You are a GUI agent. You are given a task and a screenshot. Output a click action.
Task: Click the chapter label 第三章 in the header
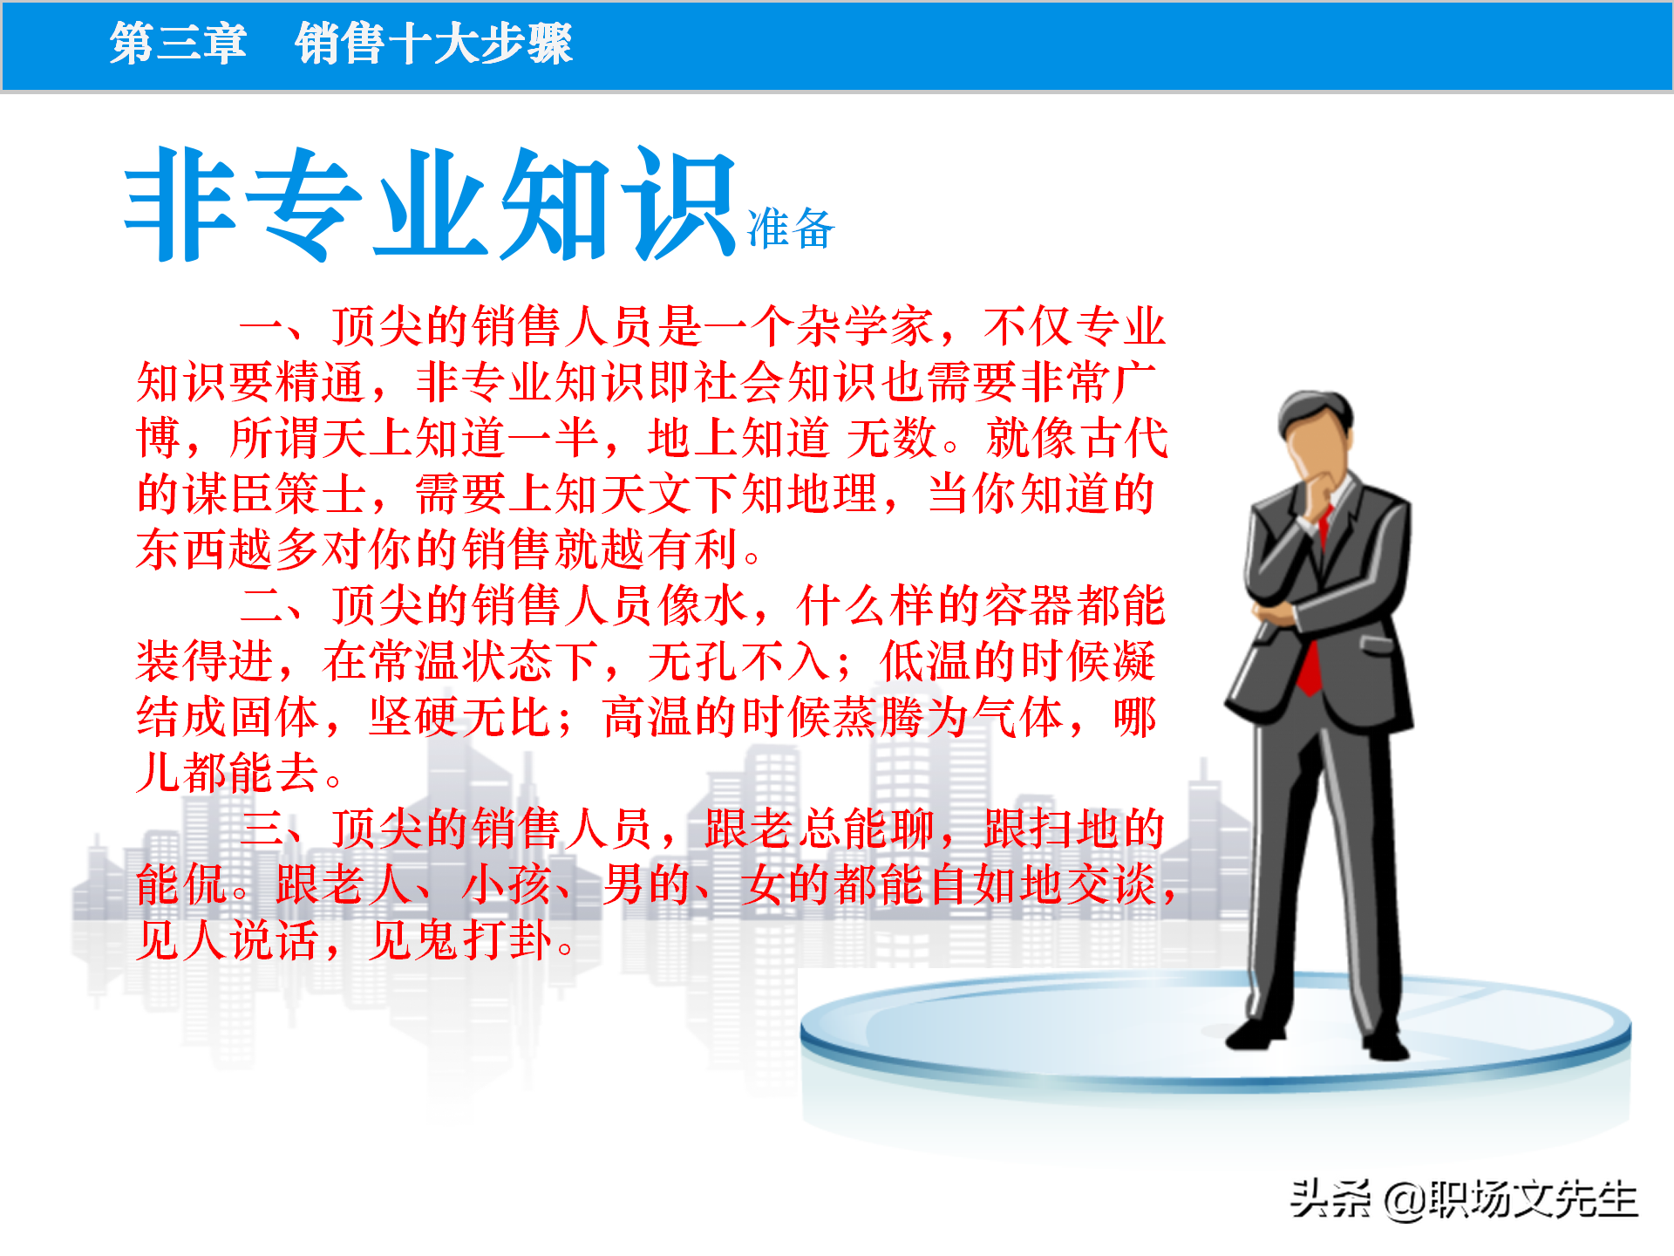[178, 44]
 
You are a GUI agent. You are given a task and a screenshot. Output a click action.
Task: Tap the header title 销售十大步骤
[433, 44]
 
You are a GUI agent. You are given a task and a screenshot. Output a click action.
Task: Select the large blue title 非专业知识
[431, 206]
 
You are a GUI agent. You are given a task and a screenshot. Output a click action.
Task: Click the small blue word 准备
[791, 229]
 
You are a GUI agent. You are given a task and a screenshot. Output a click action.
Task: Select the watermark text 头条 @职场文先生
[1464, 1199]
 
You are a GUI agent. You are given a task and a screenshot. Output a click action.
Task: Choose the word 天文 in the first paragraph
[646, 494]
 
